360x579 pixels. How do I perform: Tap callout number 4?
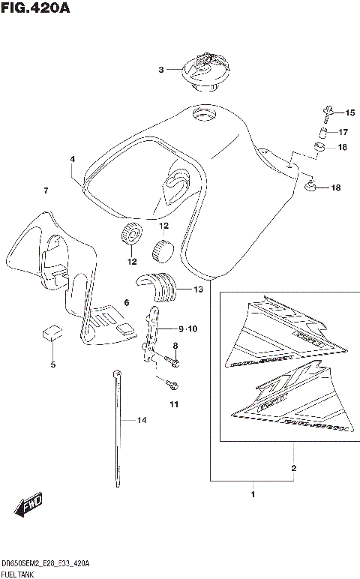[73, 160]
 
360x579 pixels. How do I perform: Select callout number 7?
[46, 191]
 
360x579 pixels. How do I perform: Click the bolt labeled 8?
[173, 362]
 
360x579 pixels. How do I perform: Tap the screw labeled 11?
[172, 385]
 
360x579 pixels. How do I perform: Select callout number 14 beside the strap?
[140, 420]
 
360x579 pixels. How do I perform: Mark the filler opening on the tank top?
[202, 115]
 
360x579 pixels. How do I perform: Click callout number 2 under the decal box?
[293, 469]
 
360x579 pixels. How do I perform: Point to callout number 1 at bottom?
[253, 495]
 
